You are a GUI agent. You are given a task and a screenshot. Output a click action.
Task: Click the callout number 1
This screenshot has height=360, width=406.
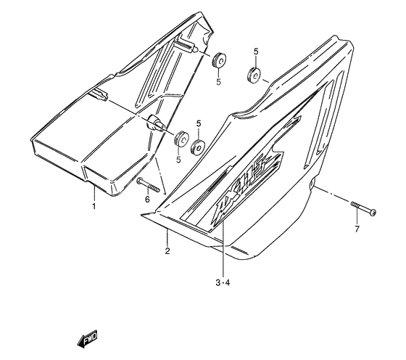coord(94,206)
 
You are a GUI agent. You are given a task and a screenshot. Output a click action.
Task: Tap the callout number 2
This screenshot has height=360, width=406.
coord(167,251)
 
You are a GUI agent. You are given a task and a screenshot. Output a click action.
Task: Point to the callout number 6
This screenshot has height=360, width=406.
coord(147,199)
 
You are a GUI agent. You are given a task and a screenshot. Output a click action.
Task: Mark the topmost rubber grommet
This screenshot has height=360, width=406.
coord(217,60)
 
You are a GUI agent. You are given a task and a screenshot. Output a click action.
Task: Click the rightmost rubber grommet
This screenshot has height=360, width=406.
coord(254,74)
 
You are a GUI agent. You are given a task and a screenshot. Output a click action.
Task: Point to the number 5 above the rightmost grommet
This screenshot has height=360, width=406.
coord(256,52)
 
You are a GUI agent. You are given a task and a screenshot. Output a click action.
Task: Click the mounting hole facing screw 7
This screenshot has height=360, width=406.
coord(312,188)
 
